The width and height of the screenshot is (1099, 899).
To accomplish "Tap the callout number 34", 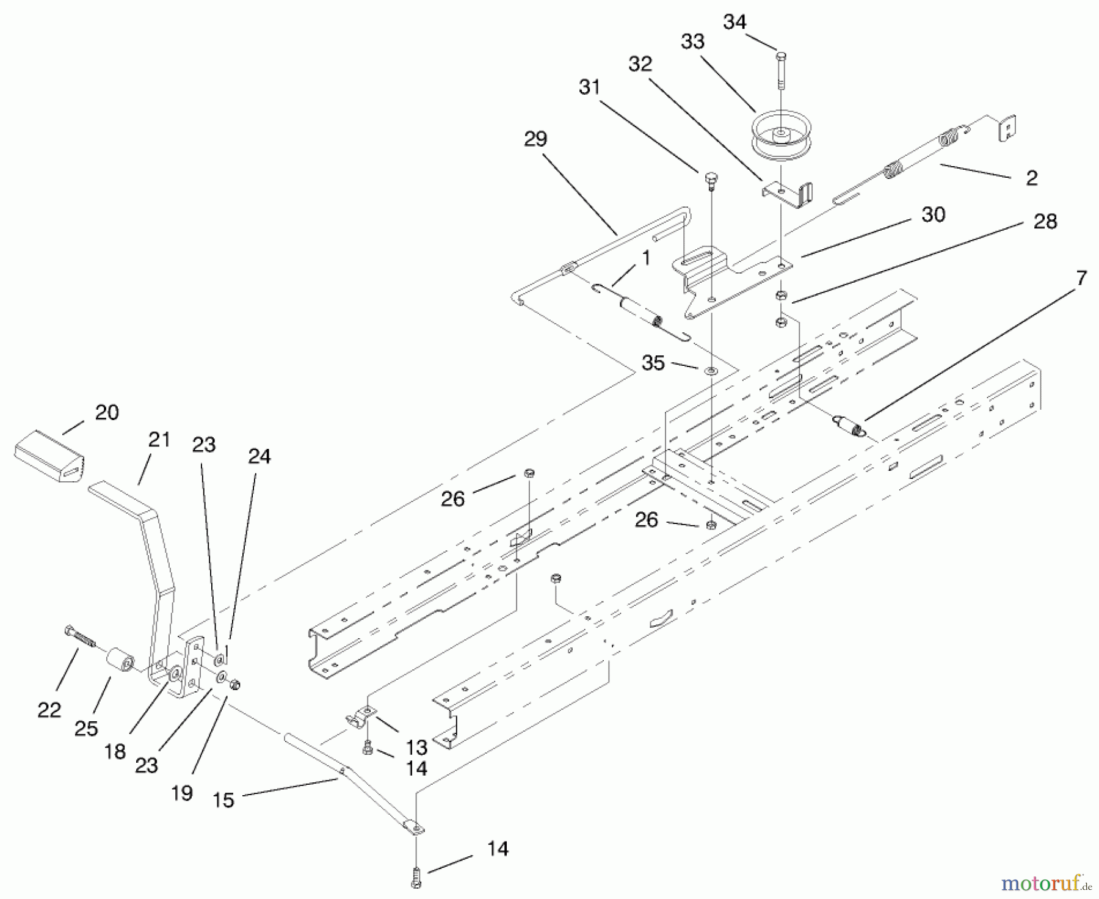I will click(x=734, y=22).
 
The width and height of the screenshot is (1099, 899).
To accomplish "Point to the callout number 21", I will click(x=159, y=440).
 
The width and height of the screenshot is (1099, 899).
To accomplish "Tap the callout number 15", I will click(x=224, y=799).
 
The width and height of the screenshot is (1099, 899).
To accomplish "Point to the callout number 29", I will click(x=535, y=139).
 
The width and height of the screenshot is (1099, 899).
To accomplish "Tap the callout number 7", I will click(x=1081, y=278).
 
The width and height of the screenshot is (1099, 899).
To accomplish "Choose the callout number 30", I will click(x=933, y=214).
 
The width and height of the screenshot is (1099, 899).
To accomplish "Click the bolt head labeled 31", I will click(x=711, y=178).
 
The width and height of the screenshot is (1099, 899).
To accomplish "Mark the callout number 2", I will click(x=1031, y=178).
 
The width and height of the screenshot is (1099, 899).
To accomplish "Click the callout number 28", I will click(x=1045, y=221).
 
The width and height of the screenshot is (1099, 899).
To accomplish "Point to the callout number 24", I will click(x=259, y=456).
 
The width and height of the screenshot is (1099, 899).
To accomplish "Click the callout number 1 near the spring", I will click(x=646, y=258).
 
